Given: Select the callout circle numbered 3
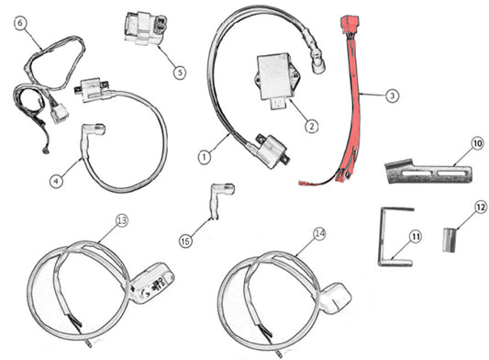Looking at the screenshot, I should point(392,95).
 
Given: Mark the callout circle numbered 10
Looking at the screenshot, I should point(477,144).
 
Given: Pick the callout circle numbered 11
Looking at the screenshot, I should point(415,237).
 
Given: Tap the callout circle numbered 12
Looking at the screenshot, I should point(481,208).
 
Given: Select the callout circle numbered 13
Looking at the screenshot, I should point(123,220).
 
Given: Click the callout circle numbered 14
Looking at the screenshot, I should point(318,233).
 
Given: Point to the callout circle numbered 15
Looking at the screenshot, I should point(186,241).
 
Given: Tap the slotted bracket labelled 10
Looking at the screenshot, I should point(423,171).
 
